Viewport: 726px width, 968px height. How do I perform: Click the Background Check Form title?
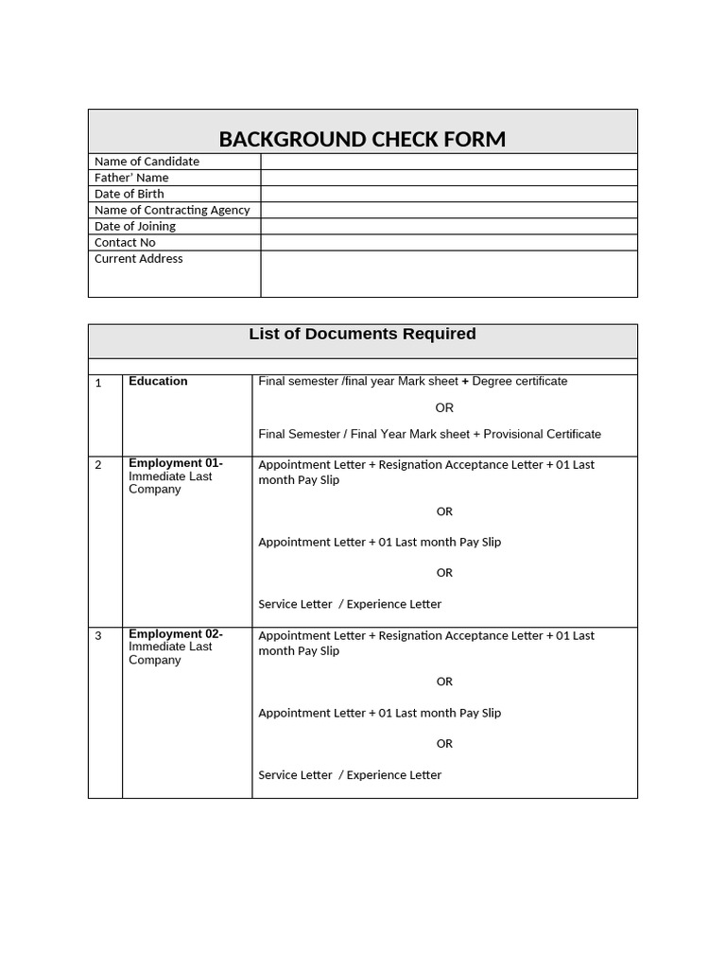pyautogui.click(x=362, y=139)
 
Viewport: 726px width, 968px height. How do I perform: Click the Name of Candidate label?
pyautogui.click(x=147, y=162)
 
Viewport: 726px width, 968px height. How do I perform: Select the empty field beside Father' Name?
pyautogui.click(x=449, y=178)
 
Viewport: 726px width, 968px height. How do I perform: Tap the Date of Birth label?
pyautogui.click(x=130, y=194)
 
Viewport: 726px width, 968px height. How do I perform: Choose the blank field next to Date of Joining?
pyautogui.click(x=449, y=227)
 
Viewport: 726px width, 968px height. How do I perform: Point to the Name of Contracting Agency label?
pyautogui.click(x=172, y=210)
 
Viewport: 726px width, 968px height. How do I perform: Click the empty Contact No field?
pyautogui.click(x=449, y=243)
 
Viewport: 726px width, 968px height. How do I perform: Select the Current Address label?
pyautogui.click(x=139, y=259)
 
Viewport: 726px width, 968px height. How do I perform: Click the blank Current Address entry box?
pyautogui.click(x=449, y=274)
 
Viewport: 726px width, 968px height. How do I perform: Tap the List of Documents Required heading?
pyautogui.click(x=362, y=334)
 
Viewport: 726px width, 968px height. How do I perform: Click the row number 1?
pyautogui.click(x=98, y=384)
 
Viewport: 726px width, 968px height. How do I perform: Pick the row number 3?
pyautogui.click(x=98, y=636)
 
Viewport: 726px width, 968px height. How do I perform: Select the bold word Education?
pyautogui.click(x=158, y=381)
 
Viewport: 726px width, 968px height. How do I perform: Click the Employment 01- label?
pyautogui.click(x=176, y=463)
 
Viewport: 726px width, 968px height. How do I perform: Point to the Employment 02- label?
pyautogui.click(x=176, y=634)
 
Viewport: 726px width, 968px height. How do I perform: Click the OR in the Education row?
pyautogui.click(x=444, y=408)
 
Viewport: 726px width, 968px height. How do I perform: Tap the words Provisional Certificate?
pyautogui.click(x=543, y=434)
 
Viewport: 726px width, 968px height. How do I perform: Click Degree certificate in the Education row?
pyautogui.click(x=520, y=381)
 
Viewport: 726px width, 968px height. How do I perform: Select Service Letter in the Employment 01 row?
pyautogui.click(x=295, y=604)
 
